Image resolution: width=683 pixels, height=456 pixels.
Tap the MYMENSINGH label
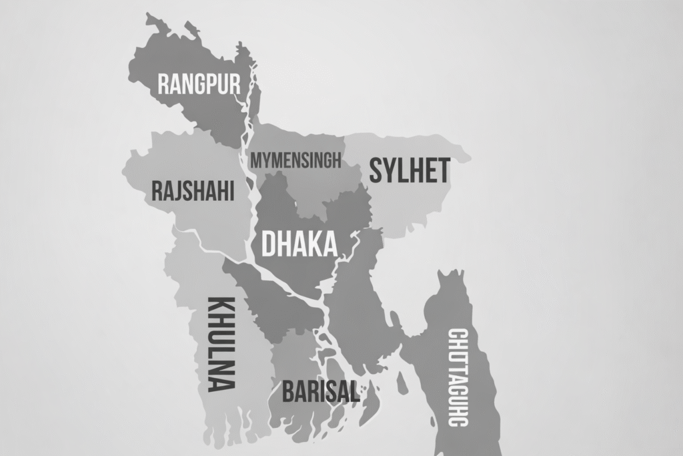[x=295, y=160]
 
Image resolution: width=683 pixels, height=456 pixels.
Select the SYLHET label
[x=410, y=171]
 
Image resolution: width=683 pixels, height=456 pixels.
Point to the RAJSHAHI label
[x=193, y=191]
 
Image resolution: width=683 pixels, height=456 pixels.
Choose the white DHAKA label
[x=299, y=244]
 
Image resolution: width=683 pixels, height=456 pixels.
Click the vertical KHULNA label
[x=221, y=343]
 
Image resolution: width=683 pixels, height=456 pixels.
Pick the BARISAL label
[x=321, y=391]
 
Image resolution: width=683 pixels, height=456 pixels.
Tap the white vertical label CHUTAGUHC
[x=458, y=377]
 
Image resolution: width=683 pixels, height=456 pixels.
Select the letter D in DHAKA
[x=268, y=244]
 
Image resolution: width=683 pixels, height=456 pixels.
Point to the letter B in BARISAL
[x=289, y=391]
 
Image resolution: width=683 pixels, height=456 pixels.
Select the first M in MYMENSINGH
[x=256, y=161]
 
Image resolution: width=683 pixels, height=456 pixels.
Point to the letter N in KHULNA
[x=221, y=368]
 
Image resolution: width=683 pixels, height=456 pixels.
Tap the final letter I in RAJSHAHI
[x=231, y=191]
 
